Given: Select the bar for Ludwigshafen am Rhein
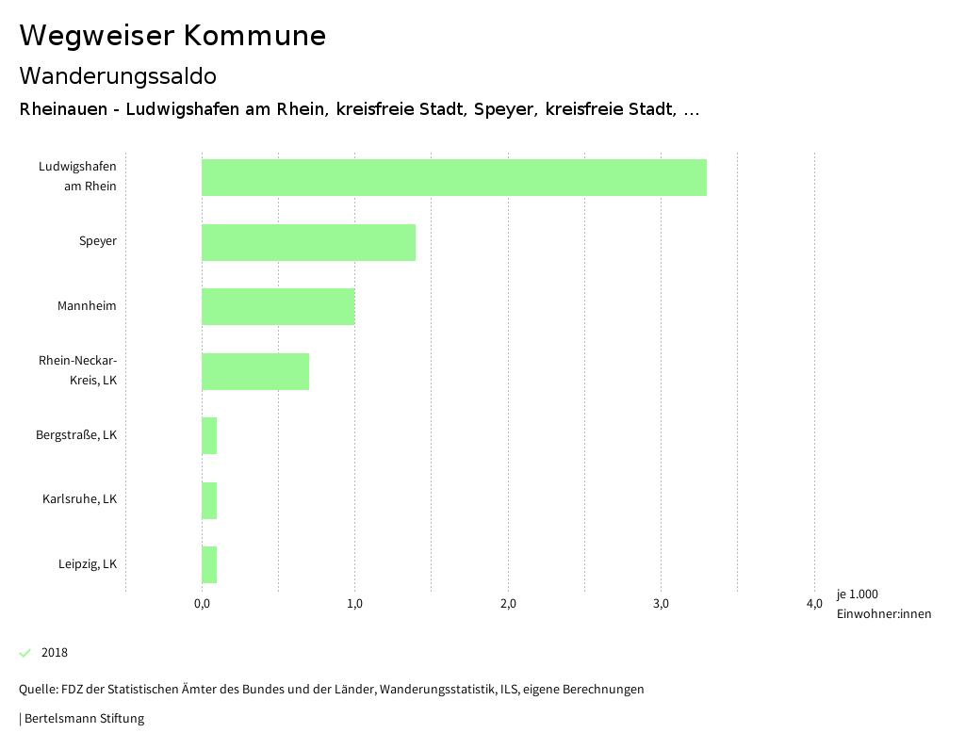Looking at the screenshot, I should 453,177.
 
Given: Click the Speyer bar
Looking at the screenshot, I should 308,242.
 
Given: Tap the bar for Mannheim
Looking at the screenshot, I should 278,306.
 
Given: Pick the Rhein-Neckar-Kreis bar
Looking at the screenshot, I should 255,371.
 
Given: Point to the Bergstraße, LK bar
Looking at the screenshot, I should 209,435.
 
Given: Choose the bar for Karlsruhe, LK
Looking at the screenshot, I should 209,500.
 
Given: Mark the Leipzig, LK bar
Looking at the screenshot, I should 209,564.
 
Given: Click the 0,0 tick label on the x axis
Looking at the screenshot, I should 202,604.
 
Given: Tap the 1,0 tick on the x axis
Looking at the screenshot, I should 354,604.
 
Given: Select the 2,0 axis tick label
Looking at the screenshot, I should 508,604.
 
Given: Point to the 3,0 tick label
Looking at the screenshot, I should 661,604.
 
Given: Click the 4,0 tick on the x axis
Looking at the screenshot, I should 814,604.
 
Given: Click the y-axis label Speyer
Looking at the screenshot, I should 98,241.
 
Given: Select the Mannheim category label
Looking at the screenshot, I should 87,306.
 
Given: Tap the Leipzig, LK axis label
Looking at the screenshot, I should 88,564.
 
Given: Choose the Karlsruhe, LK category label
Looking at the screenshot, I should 79,499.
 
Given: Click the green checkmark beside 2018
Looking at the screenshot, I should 25,652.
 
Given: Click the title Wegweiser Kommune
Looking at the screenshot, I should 172,36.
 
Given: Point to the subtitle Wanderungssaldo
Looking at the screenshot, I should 118,75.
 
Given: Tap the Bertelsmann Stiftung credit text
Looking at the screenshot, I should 83,718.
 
